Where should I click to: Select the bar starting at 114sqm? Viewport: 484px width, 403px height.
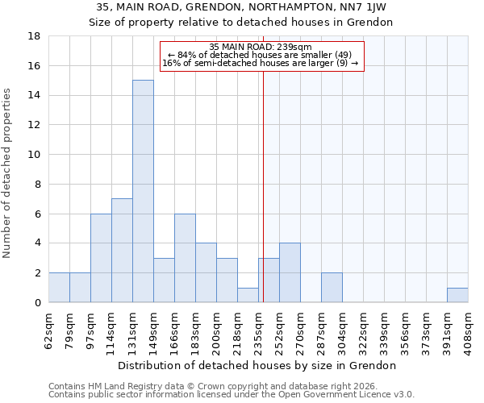[x=122, y=250]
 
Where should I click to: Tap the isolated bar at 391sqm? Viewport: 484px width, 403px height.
[x=457, y=295]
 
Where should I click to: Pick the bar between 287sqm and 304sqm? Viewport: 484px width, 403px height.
[x=332, y=288]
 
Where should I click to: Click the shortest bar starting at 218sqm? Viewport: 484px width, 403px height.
[x=248, y=295]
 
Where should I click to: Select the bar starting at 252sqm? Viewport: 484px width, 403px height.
[x=290, y=272]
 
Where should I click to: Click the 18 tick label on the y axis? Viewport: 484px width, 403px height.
[x=35, y=36]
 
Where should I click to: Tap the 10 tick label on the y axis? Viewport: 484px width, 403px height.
[x=35, y=155]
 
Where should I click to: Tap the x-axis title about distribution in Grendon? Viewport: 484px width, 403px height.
[x=258, y=366]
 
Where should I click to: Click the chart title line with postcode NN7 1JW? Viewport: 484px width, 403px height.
[x=242, y=6]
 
